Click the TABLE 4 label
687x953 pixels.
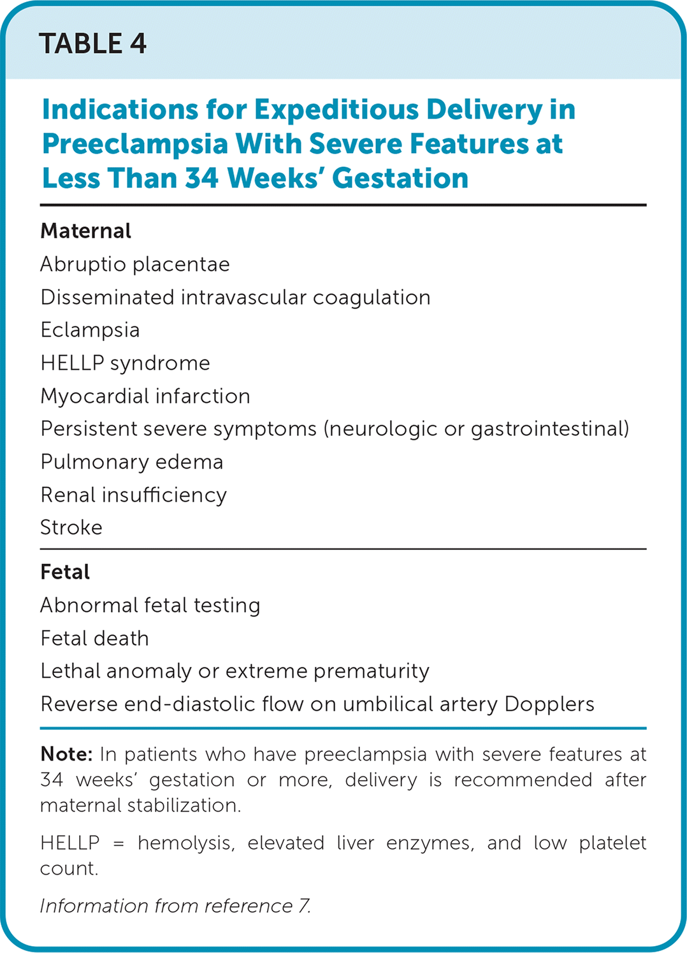(x=93, y=44)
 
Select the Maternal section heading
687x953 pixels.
(x=85, y=231)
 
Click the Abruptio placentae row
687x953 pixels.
(x=134, y=264)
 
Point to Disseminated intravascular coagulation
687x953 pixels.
(x=235, y=297)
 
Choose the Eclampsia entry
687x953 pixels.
(x=90, y=330)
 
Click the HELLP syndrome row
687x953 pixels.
(x=125, y=363)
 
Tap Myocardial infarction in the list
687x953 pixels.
(x=145, y=396)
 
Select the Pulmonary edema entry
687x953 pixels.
(x=131, y=462)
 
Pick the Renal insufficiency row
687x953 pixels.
(x=133, y=495)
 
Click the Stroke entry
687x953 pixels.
(x=71, y=528)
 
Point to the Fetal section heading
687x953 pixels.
(x=65, y=572)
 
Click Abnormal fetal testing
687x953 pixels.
(x=150, y=605)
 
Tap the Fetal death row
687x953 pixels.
(x=94, y=638)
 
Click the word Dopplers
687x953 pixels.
(x=549, y=704)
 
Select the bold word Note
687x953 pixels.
(x=66, y=754)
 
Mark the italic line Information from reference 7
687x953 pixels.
(x=175, y=906)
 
